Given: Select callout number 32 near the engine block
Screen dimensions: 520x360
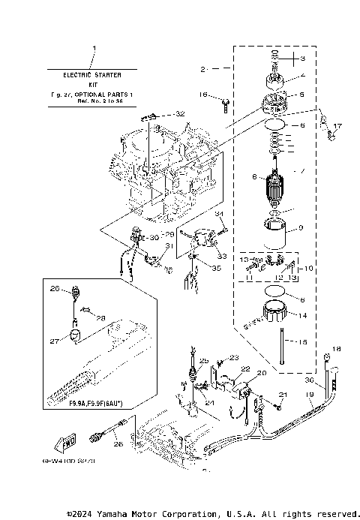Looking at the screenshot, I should tap(179, 113).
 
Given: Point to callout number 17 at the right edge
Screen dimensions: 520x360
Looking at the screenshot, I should tap(337, 126).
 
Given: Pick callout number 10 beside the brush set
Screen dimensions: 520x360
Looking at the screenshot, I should tap(309, 268).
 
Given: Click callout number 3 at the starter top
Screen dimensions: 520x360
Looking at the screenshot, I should tap(303, 59).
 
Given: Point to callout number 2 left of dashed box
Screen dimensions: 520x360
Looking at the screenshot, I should tap(203, 69).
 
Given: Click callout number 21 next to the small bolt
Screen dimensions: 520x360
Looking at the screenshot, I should tap(283, 394).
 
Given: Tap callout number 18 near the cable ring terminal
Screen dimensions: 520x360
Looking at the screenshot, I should tap(336, 349).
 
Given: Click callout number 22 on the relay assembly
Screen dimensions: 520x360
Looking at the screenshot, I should tap(245, 368).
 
